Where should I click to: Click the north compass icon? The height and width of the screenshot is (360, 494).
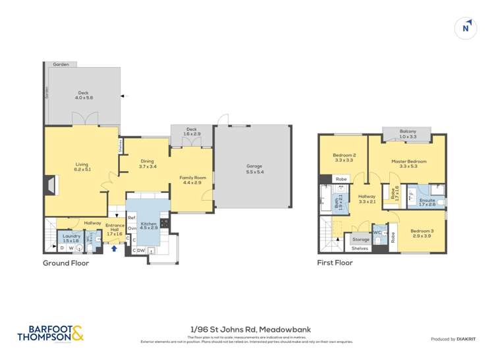click(466, 28)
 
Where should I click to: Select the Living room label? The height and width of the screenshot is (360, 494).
click(82, 167)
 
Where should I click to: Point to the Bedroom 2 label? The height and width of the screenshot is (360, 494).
click(344, 158)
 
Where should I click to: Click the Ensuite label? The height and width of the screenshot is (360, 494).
click(427, 202)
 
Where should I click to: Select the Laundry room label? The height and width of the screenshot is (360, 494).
click(70, 238)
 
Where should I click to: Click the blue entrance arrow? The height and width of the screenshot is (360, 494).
click(116, 248)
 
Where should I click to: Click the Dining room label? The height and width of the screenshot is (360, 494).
click(148, 164)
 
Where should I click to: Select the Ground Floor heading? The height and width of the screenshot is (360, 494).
click(66, 263)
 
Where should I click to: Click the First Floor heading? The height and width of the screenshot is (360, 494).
click(335, 263)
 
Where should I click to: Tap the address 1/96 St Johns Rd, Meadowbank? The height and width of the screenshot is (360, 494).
click(247, 329)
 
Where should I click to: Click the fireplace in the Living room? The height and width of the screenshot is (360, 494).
click(50, 187)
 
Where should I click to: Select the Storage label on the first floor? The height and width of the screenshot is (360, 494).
click(360, 240)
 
